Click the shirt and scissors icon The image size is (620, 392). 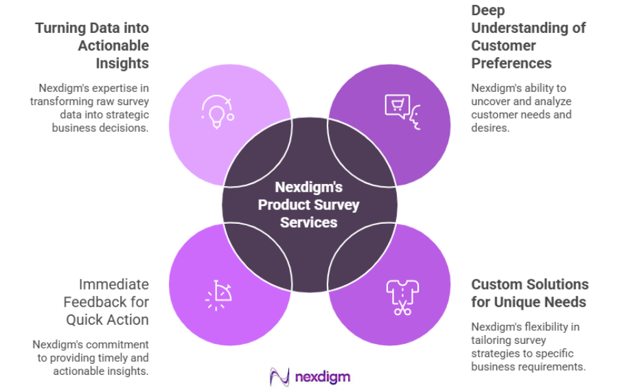[x=402, y=296]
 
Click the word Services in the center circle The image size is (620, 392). [x=309, y=222]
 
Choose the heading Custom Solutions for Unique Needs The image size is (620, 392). [x=529, y=292]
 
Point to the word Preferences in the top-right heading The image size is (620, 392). [x=511, y=63]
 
